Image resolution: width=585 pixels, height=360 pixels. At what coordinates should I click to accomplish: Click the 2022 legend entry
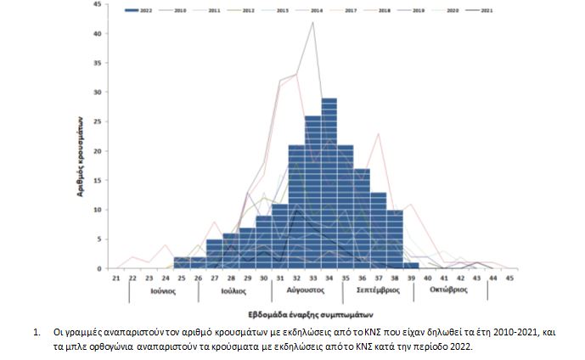(145, 11)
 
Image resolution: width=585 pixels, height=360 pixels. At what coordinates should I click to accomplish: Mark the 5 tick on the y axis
(98, 239)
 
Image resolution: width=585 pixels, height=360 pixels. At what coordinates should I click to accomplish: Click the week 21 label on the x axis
(115, 278)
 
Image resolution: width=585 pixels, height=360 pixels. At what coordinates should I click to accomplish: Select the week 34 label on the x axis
(329, 278)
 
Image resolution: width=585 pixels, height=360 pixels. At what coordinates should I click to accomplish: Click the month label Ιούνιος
(164, 290)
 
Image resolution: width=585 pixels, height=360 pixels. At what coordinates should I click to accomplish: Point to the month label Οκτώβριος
(449, 290)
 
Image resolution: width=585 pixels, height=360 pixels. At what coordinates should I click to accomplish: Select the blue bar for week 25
(181, 262)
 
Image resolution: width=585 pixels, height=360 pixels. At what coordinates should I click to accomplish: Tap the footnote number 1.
(38, 329)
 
